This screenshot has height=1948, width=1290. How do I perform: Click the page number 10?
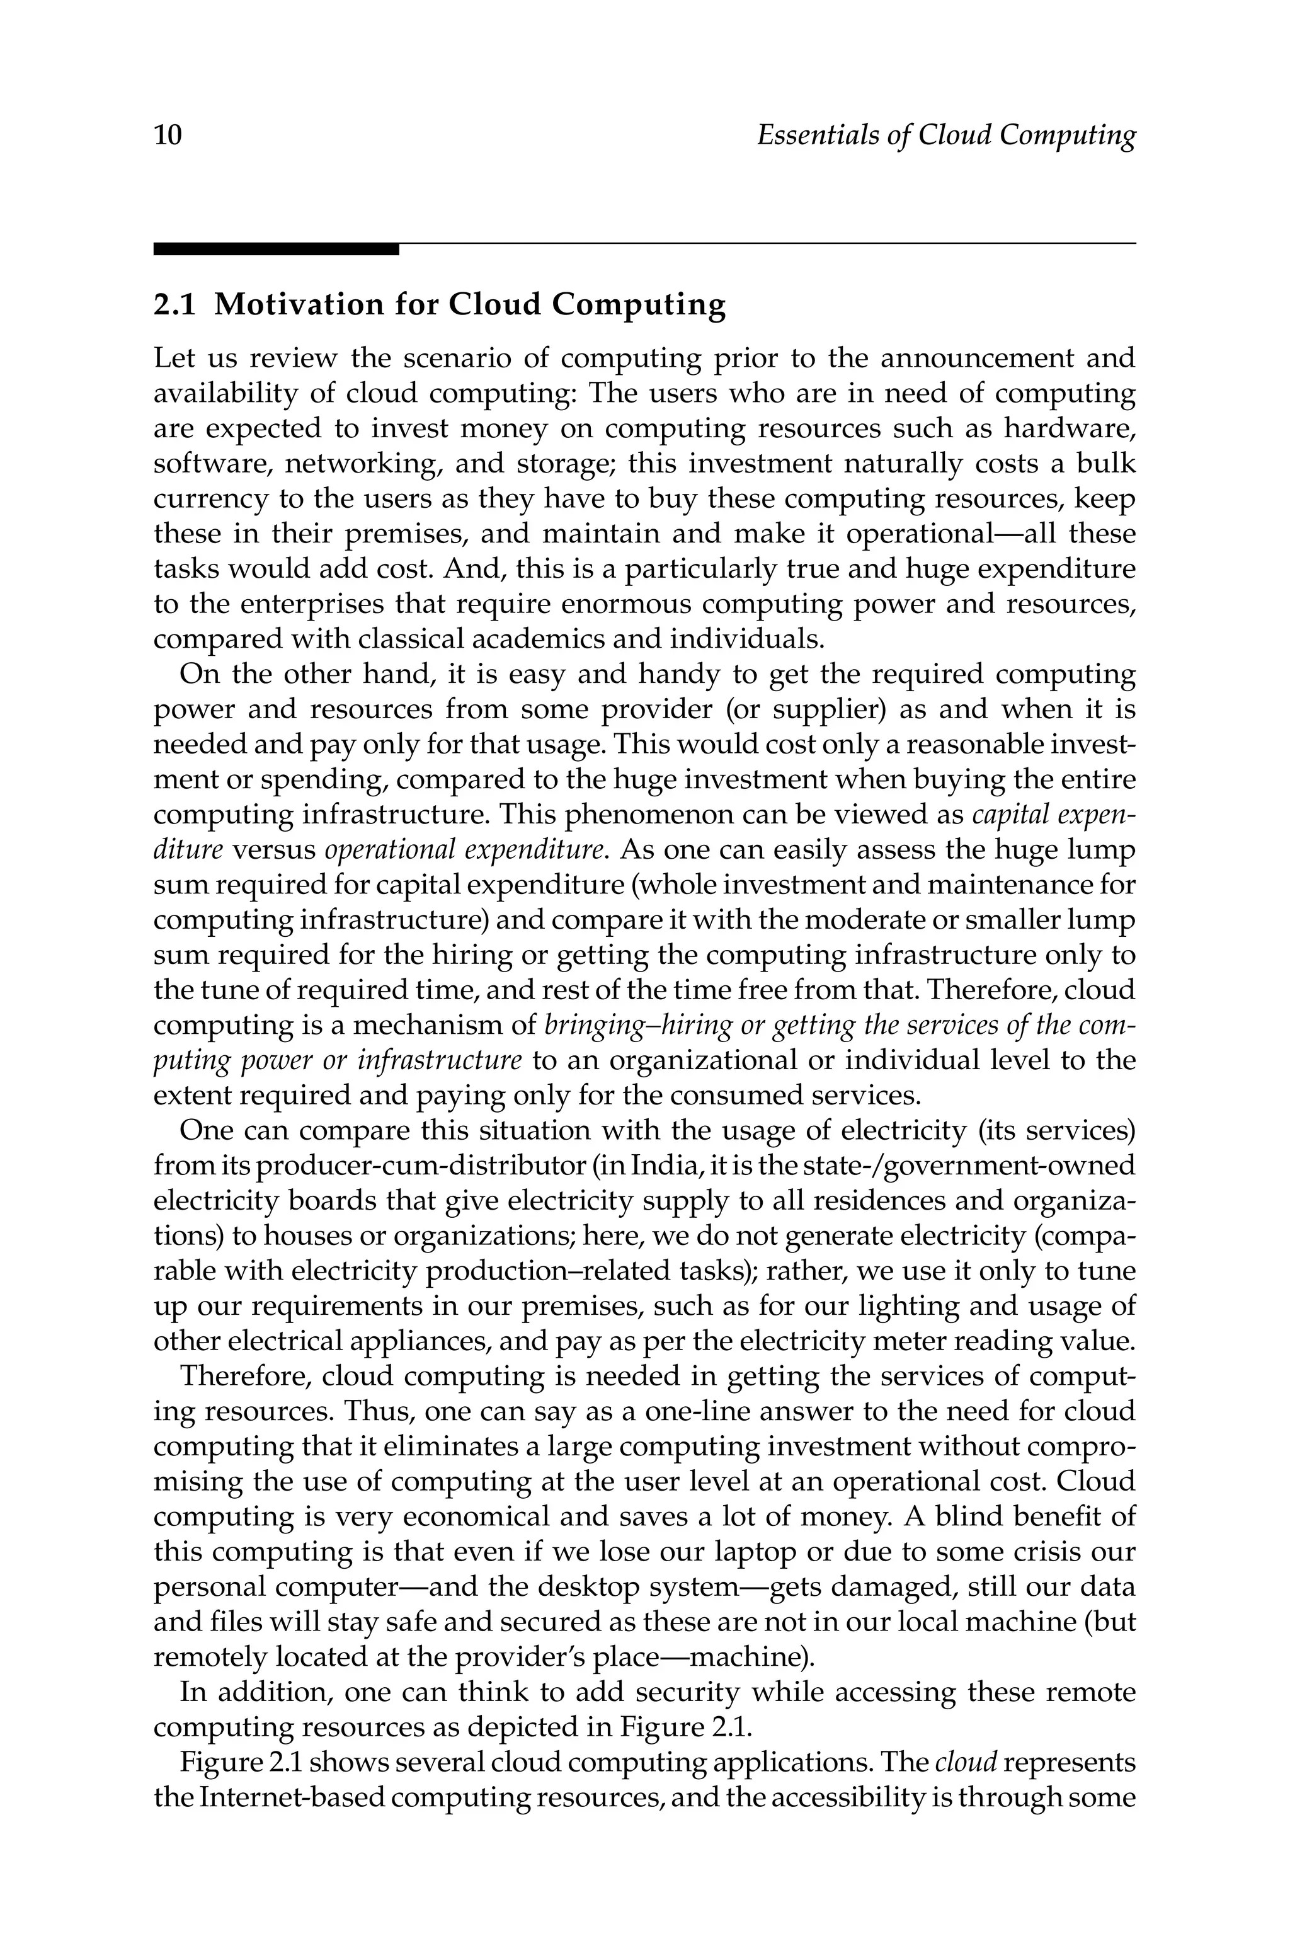[x=168, y=134]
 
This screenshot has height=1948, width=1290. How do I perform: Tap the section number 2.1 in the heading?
[x=174, y=304]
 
